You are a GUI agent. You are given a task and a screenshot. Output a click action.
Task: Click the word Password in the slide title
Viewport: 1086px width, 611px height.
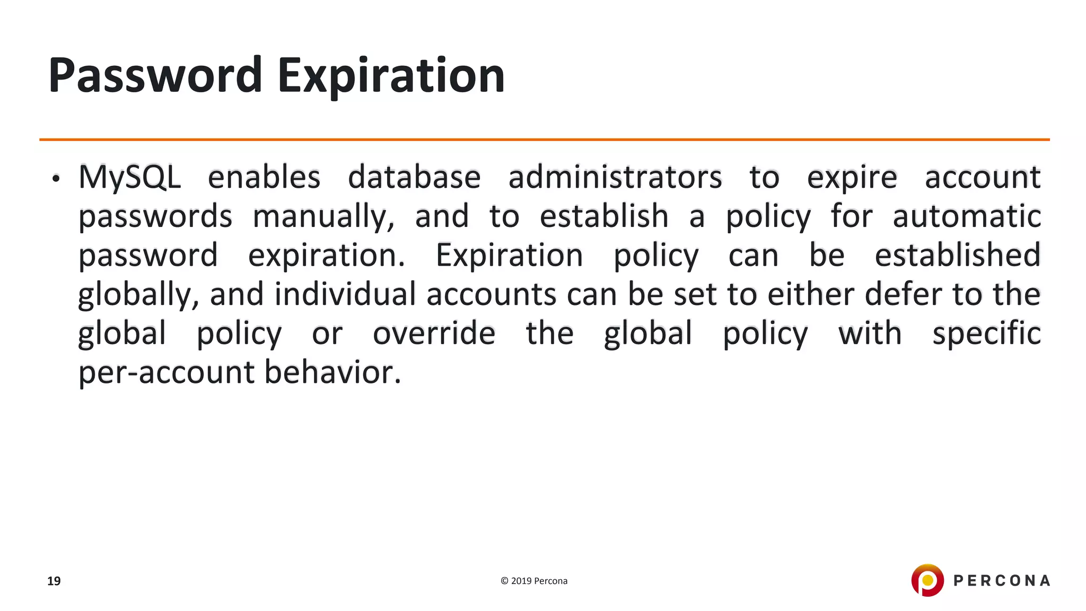pyautogui.click(x=155, y=75)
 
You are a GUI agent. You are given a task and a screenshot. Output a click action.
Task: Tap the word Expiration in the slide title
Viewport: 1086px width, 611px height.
pyautogui.click(x=391, y=75)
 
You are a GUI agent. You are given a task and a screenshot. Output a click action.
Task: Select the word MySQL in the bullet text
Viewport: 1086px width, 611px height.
pyautogui.click(x=129, y=177)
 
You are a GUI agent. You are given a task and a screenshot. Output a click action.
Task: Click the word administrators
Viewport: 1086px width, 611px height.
pyautogui.click(x=615, y=177)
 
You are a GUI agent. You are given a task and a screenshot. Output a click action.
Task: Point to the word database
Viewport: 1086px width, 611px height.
pyautogui.click(x=414, y=177)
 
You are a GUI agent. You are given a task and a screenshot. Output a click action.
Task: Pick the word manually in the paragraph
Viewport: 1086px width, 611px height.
pyautogui.click(x=323, y=217)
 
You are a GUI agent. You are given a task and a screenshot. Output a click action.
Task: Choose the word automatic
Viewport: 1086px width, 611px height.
pyautogui.click(x=967, y=217)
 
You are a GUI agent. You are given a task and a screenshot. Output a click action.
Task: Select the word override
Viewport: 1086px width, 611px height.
pyautogui.click(x=434, y=334)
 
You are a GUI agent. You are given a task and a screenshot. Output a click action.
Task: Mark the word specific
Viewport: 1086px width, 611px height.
pyautogui.click(x=986, y=334)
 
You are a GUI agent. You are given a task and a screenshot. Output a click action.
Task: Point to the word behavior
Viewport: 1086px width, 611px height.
pyautogui.click(x=332, y=372)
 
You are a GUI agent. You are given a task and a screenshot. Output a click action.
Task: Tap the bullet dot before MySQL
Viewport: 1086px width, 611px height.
pyautogui.click(x=56, y=179)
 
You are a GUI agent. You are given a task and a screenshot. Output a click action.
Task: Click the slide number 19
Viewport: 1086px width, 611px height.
pyautogui.click(x=54, y=581)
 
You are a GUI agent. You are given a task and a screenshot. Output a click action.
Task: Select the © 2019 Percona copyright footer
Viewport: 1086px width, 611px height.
pyautogui.click(x=534, y=581)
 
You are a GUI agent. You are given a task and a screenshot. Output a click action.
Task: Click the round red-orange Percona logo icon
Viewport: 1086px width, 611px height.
pyautogui.click(x=927, y=580)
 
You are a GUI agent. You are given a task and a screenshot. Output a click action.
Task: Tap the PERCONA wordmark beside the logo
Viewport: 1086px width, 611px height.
pyautogui.click(x=1002, y=581)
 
